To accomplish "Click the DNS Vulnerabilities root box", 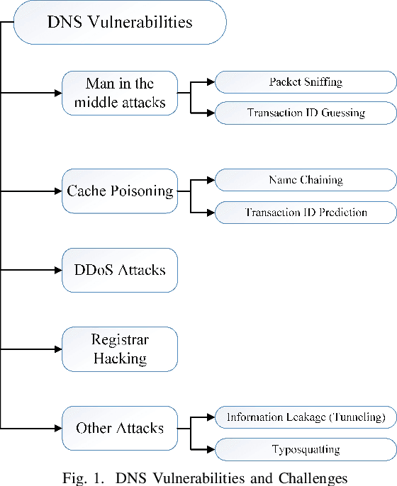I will click(120, 22).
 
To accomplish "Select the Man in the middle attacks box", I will click(120, 92).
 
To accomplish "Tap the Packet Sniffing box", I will click(306, 82).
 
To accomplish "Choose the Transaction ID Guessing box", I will click(306, 113).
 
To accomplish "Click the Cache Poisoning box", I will click(120, 191).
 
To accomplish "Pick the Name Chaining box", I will click(306, 180).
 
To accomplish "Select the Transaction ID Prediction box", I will click(306, 212).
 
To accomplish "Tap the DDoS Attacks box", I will click(120, 270).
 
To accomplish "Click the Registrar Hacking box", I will click(120, 349).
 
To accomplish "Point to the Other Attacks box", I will click(120, 429).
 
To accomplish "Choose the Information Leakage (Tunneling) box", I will click(306, 418).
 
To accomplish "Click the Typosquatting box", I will click(306, 449).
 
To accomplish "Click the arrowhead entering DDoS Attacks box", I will click(58, 270).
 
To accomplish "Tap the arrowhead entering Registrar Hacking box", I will click(58, 349).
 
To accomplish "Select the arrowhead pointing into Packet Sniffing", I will click(211, 82).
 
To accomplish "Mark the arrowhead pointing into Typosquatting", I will click(211, 449).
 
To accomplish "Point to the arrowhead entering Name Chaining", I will click(211, 180).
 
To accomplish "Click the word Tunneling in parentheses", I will click(355, 418).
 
